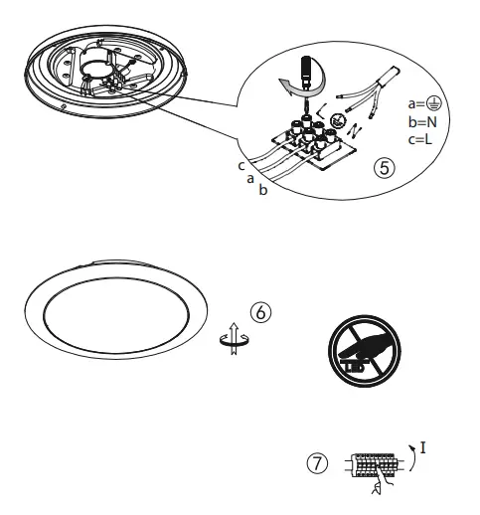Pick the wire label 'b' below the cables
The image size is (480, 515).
[262, 190]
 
